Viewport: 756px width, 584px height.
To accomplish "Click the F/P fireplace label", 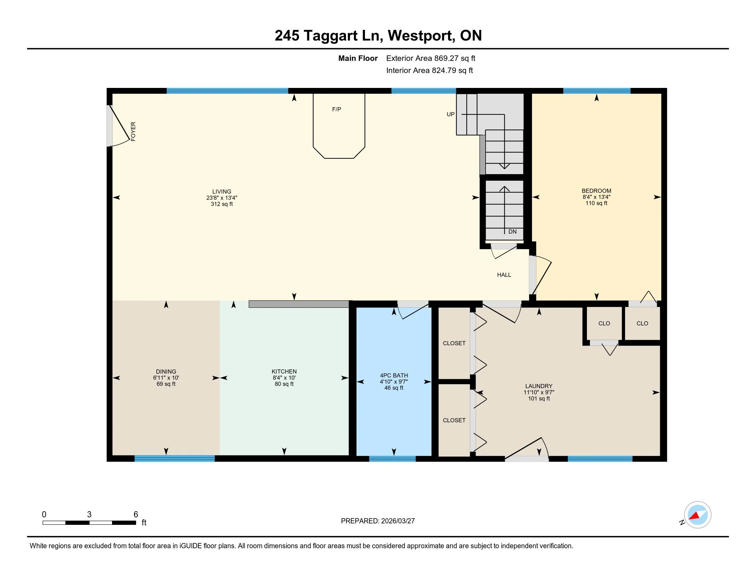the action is [336, 109].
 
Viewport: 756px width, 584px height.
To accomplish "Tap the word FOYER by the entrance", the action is [133, 132].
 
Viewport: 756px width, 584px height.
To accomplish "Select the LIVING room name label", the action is [222, 191].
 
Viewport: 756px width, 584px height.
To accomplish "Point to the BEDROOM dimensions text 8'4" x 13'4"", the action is [596, 197].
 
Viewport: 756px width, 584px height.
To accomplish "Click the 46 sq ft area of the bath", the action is [394, 388].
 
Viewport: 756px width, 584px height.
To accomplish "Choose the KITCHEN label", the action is [284, 372].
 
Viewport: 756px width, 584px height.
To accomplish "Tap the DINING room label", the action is [166, 372].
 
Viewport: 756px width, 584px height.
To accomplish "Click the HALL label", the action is [504, 275].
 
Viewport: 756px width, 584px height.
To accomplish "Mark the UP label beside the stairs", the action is [451, 114].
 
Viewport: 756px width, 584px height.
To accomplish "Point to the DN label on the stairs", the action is [512, 232].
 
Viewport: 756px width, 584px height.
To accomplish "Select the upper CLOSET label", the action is [454, 343].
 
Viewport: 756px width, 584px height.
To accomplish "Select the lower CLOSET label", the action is [454, 420].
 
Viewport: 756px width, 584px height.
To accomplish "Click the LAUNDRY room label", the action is [539, 386].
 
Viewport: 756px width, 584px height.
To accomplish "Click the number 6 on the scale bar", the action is [136, 515].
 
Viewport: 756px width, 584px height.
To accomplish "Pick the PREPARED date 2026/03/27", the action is [398, 521].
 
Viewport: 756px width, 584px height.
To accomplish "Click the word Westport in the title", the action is [420, 36].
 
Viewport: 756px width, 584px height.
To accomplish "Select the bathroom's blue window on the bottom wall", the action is [392, 459].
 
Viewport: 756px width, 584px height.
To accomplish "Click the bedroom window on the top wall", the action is [597, 91].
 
